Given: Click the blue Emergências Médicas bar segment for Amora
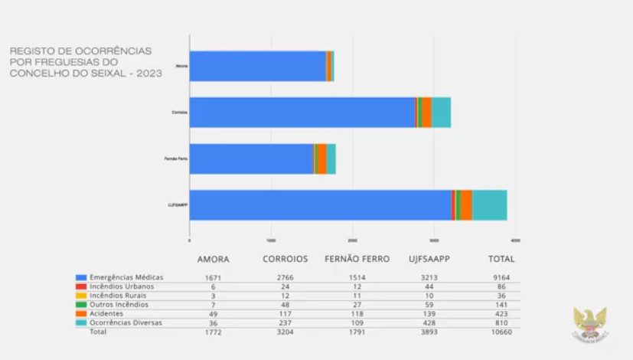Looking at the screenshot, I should tap(257, 66).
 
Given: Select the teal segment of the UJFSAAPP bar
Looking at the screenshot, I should tap(489, 205).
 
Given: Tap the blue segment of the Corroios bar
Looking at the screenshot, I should tap(302, 112).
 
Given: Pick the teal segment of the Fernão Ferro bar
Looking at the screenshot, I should tap(331, 159).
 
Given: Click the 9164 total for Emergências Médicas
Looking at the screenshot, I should tap(502, 277).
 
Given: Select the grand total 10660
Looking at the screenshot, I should tap(502, 333).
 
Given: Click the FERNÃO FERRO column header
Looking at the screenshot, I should tap(357, 259).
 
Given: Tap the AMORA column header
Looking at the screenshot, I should tap(213, 259).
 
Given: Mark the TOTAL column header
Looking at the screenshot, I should tap(502, 259).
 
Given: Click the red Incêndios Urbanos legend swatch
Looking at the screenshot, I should tap(80, 286).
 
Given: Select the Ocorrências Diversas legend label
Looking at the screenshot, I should tap(127, 322).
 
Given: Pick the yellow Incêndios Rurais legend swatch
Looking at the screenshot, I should tap(80, 296).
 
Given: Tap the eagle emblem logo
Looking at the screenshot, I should tap(589, 324).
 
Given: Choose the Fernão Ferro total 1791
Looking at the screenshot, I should tap(357, 333).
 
